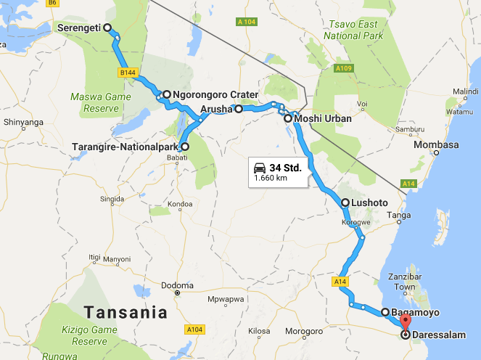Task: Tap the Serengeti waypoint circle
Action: (107, 28)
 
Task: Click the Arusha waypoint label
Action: (215, 110)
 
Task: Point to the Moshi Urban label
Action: (323, 118)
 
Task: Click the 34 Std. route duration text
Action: (285, 167)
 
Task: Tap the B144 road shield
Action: (128, 72)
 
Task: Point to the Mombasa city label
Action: (436, 144)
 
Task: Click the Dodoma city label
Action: (176, 285)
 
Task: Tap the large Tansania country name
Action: (125, 313)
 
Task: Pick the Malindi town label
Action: (465, 91)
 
